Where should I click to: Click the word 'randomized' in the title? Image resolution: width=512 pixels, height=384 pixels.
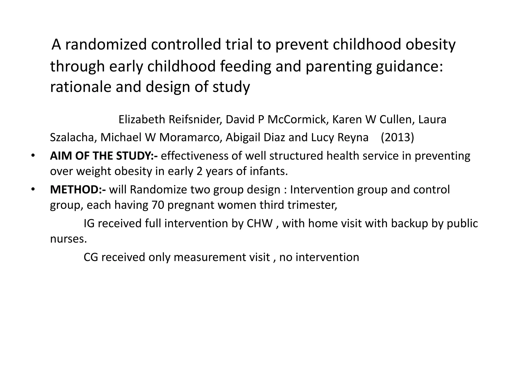[106, 44]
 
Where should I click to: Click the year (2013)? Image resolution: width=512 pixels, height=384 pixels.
[397, 137]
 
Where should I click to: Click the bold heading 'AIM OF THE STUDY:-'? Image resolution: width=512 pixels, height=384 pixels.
[104, 156]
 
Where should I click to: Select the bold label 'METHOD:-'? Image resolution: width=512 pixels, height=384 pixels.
[78, 189]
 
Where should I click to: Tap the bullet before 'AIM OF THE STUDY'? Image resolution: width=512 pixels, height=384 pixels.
[32, 156]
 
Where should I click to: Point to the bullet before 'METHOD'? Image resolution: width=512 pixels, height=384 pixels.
[32, 189]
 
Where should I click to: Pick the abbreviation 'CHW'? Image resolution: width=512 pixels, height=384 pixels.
[259, 223]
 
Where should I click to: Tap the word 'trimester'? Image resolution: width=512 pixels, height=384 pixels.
[312, 205]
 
